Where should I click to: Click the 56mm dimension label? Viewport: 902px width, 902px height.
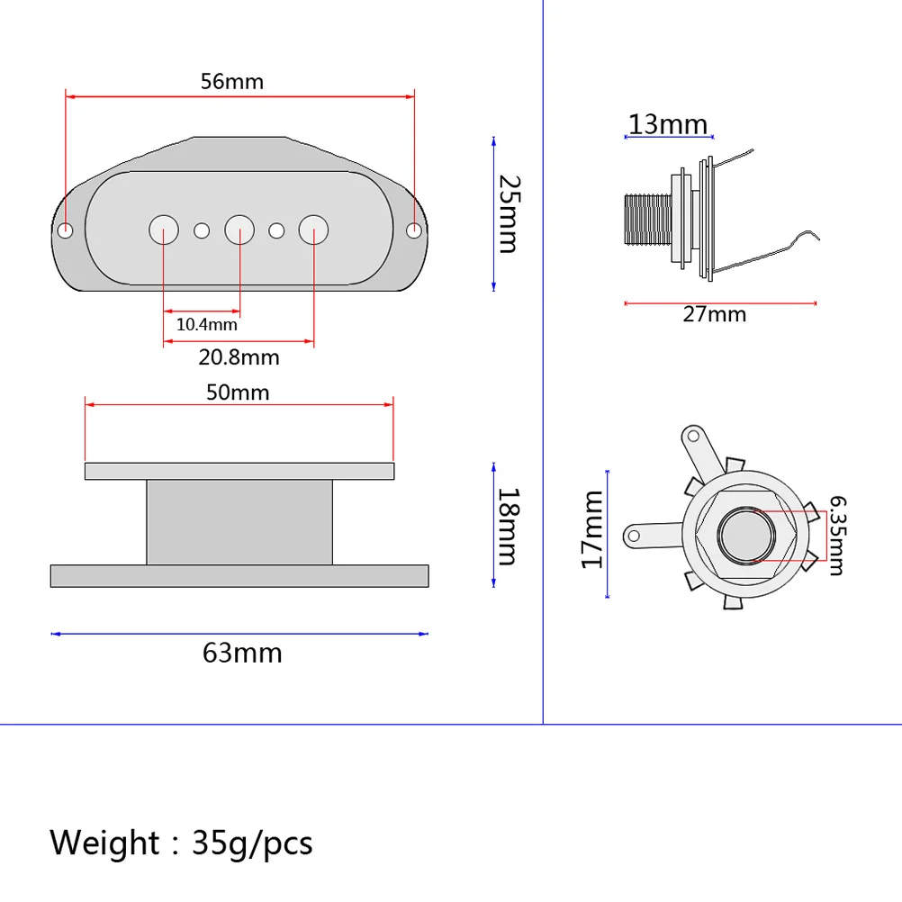pyautogui.click(x=231, y=81)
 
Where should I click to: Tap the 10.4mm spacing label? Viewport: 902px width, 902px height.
pyautogui.click(x=206, y=324)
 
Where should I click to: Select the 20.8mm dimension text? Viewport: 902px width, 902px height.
pyautogui.click(x=239, y=357)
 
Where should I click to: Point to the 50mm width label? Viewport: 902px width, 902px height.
pyautogui.click(x=238, y=392)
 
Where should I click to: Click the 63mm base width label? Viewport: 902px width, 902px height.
pyautogui.click(x=242, y=653)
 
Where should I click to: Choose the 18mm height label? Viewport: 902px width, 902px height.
pyautogui.click(x=509, y=526)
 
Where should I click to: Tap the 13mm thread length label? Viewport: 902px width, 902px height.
pyautogui.click(x=667, y=123)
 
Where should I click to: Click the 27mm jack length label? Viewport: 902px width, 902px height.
pyautogui.click(x=714, y=314)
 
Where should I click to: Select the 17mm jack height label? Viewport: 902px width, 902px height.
pyautogui.click(x=591, y=529)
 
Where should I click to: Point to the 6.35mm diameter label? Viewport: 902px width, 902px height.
pyautogui.click(x=836, y=536)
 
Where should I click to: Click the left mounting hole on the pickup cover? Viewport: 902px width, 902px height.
pyautogui.click(x=66, y=230)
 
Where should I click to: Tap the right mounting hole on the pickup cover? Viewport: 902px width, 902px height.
pyautogui.click(x=414, y=230)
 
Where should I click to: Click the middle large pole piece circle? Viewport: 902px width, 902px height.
pyautogui.click(x=239, y=230)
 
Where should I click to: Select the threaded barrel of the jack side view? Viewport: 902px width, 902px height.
pyautogui.click(x=647, y=220)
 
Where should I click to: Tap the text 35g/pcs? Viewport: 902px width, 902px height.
pyautogui.click(x=252, y=843)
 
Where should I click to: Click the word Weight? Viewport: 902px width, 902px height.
pyautogui.click(x=104, y=843)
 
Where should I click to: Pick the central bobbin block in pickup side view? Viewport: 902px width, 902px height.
pyautogui.click(x=239, y=522)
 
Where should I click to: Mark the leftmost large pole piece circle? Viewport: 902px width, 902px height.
pyautogui.click(x=164, y=230)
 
